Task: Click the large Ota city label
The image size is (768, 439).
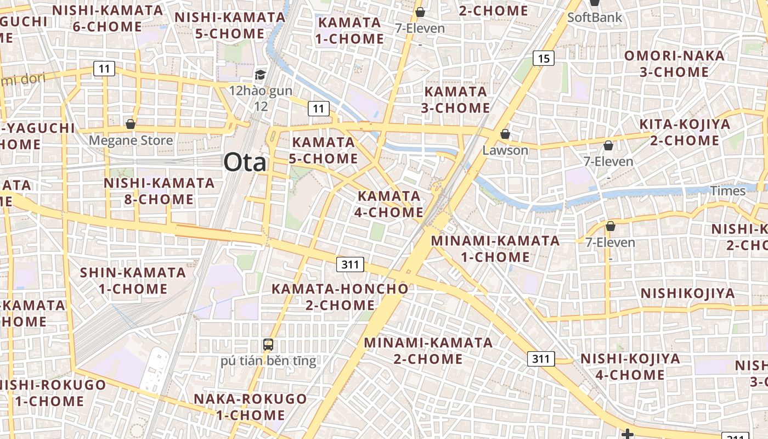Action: coord(245,162)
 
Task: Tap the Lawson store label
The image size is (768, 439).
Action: coord(505,150)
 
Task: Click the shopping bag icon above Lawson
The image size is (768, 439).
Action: coord(505,134)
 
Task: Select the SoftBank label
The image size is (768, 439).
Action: coord(595,17)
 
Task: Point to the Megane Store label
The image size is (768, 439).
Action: coord(131,140)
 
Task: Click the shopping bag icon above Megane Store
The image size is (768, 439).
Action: coord(131,124)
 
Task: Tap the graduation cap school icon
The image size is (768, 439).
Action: coord(261,75)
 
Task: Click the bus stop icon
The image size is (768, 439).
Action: coord(268,345)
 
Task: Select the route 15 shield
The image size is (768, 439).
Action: coord(543,58)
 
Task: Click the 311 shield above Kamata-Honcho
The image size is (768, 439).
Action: coord(350,265)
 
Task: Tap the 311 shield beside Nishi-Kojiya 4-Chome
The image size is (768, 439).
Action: coord(540,359)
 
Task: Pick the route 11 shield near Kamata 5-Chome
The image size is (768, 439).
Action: coord(319,108)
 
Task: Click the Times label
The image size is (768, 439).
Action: coord(728,191)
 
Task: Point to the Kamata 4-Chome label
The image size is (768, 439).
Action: coord(389,204)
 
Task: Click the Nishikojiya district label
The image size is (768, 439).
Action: coord(687,293)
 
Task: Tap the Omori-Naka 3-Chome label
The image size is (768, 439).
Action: coord(674,64)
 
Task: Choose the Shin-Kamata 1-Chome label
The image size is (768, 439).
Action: coord(133,280)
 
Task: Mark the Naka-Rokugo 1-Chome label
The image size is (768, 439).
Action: coord(250,407)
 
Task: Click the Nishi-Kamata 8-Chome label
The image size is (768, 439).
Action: coord(159,190)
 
